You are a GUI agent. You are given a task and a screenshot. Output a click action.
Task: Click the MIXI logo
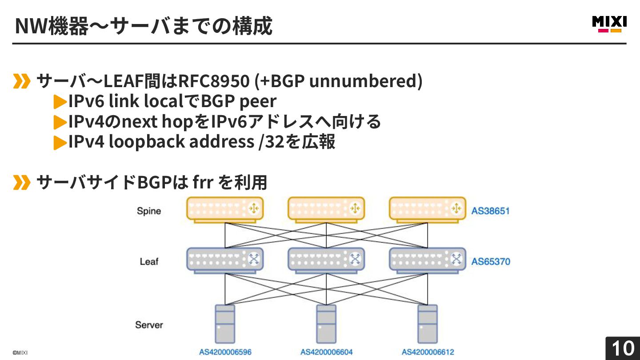click(609, 24)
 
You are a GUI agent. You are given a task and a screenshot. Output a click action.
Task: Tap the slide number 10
click(623, 348)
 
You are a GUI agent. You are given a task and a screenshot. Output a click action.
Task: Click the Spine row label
click(149, 211)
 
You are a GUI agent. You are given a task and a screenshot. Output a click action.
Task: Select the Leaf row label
click(149, 261)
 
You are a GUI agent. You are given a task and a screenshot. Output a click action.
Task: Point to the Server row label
click(149, 325)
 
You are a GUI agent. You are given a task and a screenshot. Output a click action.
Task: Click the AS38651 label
click(490, 211)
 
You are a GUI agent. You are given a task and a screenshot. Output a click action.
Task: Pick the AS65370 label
click(491, 261)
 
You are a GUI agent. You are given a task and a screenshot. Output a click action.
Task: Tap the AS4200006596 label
click(225, 352)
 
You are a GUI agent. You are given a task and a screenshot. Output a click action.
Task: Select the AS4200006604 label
click(326, 352)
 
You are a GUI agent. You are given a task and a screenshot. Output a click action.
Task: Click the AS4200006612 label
click(428, 352)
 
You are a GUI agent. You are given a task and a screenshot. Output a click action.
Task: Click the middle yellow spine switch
click(326, 209)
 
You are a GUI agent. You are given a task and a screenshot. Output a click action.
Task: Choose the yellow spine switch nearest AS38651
click(428, 209)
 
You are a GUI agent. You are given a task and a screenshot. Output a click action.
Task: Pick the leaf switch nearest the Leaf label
click(225, 260)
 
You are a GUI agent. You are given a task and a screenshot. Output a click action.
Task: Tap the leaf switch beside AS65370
click(428, 260)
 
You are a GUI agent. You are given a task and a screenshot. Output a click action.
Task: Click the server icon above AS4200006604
click(326, 324)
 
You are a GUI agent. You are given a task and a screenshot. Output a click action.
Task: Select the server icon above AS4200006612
click(428, 324)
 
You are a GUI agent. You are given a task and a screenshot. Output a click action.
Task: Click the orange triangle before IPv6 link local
click(60, 102)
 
